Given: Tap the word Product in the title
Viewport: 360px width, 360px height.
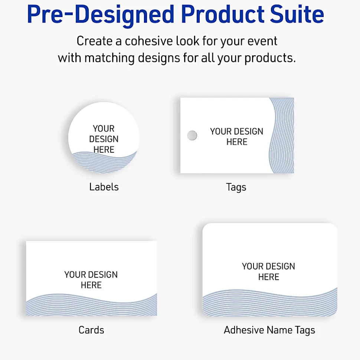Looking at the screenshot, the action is (222, 14).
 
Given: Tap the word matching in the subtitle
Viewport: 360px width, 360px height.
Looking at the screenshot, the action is (109, 58).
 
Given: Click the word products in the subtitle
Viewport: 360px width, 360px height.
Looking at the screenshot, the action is (270, 58).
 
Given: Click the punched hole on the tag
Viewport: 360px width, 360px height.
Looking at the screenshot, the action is (192, 135).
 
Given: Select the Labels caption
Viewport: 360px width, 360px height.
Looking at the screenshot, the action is (104, 187).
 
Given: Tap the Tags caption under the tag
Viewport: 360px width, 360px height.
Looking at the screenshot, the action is (236, 187).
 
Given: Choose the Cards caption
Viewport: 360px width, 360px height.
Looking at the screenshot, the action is (91, 330).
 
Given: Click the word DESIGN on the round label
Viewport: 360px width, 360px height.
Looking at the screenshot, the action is (104, 139).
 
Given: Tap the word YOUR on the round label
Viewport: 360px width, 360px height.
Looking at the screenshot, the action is (104, 129).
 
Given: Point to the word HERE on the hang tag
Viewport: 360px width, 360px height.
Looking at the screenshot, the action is (237, 142).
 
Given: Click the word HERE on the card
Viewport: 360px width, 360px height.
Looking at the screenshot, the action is (91, 285).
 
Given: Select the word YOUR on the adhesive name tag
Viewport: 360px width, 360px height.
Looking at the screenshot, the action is (252, 266).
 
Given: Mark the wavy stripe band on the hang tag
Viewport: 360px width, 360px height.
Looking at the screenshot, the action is (282, 135).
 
